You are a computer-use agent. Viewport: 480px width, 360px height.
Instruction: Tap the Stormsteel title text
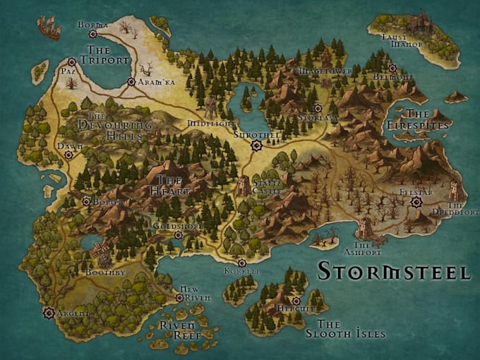click(x=393, y=271)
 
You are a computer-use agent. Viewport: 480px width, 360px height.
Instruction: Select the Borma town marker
click(x=92, y=33)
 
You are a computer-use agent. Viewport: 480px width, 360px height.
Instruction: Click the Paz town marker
click(x=72, y=62)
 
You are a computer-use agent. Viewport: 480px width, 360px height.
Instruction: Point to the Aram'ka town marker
click(x=131, y=82)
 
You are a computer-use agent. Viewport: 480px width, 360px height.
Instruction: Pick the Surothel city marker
click(x=256, y=145)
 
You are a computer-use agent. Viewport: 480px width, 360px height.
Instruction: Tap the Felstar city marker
click(x=416, y=202)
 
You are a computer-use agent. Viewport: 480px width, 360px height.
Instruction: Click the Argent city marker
click(x=49, y=312)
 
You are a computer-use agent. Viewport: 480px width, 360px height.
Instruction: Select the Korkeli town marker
click(x=241, y=263)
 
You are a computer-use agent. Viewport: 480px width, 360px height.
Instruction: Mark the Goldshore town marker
click(x=178, y=235)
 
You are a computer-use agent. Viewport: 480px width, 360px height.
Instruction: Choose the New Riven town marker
click(x=179, y=298)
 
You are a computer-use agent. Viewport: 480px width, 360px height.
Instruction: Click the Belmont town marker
click(x=392, y=68)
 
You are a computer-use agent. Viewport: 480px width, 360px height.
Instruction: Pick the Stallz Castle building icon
click(x=243, y=186)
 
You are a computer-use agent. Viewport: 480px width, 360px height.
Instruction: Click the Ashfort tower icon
click(x=364, y=227)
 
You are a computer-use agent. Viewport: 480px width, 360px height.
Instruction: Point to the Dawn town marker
click(x=68, y=155)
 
